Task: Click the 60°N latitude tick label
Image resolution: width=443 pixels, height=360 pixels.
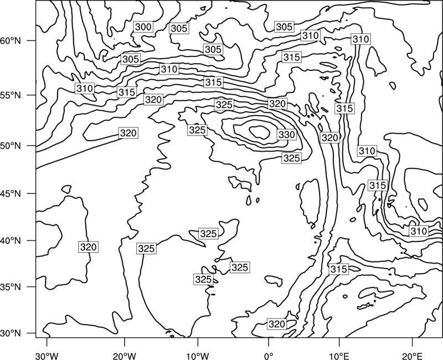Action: (11, 41)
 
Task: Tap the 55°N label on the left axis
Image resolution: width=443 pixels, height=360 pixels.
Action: (11, 95)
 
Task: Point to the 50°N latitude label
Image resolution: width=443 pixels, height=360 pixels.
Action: (11, 146)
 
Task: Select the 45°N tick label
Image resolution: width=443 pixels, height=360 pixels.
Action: (11, 194)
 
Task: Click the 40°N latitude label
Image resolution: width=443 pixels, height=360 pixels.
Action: (11, 241)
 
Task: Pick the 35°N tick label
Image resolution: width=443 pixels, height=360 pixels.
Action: (11, 287)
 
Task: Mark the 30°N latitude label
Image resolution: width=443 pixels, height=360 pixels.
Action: (11, 333)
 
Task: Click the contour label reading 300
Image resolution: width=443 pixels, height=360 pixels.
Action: (143, 27)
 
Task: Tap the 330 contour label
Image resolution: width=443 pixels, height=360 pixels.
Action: (287, 135)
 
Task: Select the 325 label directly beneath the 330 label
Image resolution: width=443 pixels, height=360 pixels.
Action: (292, 158)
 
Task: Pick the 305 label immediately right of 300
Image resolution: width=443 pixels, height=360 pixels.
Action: (179, 28)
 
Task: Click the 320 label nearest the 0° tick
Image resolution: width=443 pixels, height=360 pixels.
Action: (277, 324)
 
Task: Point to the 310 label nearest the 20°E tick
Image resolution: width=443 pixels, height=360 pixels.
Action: (419, 231)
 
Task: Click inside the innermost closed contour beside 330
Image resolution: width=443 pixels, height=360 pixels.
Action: (260, 132)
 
